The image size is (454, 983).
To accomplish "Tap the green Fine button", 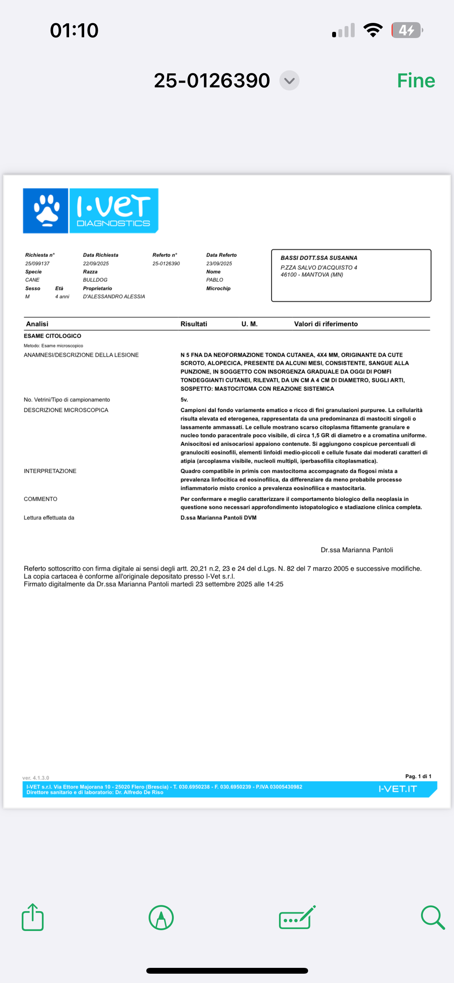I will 416,81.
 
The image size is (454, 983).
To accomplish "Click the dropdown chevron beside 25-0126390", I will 289,81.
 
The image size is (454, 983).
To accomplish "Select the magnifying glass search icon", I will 432,917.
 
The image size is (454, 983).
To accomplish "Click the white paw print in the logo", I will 47,211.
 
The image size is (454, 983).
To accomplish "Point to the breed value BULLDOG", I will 95,280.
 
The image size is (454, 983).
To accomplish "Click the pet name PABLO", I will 215,280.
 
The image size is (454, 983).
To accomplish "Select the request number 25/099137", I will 37,264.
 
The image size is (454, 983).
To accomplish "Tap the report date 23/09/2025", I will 219,264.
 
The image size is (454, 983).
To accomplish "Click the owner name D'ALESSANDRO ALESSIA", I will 114,297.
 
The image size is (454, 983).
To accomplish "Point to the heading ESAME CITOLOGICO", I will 52,336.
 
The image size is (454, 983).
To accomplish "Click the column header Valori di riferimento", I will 326,324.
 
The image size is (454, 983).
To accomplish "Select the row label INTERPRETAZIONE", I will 50,471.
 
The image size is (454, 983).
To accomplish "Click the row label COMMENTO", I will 40,499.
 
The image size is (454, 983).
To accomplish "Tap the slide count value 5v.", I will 184,400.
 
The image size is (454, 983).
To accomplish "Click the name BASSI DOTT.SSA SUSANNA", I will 319,258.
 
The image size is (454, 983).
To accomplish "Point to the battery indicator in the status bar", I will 407,30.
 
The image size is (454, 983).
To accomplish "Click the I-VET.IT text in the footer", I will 397,789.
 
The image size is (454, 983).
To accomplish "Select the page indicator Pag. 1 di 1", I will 418,776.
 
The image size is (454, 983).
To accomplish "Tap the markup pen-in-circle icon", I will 161,917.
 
